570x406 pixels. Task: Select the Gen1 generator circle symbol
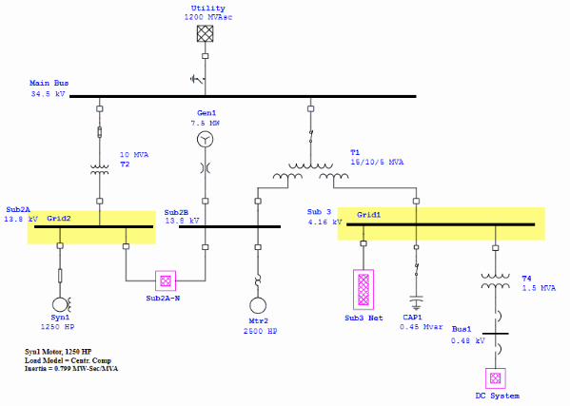point(205,140)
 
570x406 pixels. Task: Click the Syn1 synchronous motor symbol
point(61,304)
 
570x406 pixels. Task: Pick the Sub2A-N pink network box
point(166,281)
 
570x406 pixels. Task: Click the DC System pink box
point(494,377)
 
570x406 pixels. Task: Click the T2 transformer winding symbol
point(100,170)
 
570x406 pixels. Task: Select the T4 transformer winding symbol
point(494,282)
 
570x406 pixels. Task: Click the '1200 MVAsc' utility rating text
point(208,17)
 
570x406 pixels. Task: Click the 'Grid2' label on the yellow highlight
point(59,218)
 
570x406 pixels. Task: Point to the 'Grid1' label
point(369,215)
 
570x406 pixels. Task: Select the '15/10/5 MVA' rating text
point(377,162)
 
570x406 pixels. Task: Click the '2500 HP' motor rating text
point(258,332)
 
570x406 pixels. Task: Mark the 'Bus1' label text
point(462,326)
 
